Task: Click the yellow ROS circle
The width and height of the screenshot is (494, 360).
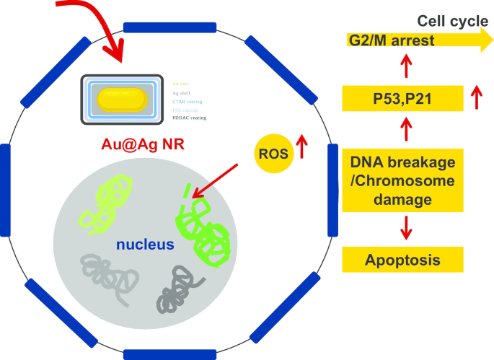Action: [274, 152]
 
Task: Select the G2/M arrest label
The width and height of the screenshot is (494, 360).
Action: [391, 40]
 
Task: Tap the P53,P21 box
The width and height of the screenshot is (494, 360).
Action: [392, 98]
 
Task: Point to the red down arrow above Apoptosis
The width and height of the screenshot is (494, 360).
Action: [406, 227]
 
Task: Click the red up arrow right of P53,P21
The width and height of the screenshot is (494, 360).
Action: [475, 97]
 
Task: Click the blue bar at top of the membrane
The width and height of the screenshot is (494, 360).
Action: [169, 27]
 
